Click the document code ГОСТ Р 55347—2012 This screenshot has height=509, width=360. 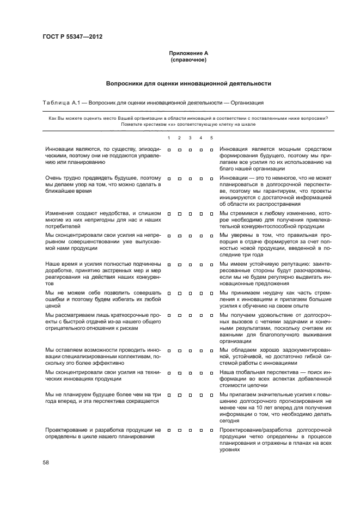click(72, 36)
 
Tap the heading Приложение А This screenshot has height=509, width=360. click(188, 53)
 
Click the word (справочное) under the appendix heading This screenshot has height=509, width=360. click(188, 59)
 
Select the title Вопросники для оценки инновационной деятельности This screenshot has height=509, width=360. click(188, 84)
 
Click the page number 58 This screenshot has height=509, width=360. click(46, 462)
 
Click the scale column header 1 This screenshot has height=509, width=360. click(169, 137)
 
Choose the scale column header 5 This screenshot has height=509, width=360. click(211, 137)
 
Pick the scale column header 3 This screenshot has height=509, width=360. click(190, 137)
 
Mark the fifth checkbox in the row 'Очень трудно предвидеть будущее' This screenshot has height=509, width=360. click(211, 178)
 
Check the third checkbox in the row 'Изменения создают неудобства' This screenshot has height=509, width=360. click(190, 213)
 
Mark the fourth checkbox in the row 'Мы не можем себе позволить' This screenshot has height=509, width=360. click(201, 292)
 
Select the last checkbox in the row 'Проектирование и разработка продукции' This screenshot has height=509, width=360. click(211, 430)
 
